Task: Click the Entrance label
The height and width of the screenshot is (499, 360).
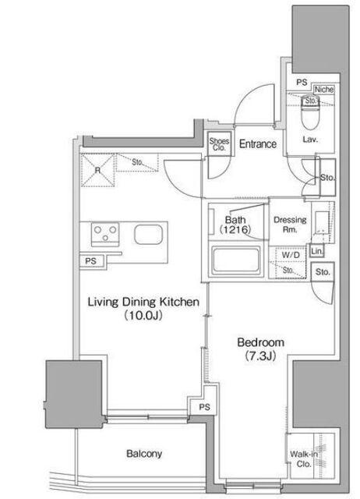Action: pos(258,143)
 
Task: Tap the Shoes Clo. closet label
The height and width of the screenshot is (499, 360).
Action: pos(219,144)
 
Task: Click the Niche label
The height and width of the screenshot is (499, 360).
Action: pos(324,90)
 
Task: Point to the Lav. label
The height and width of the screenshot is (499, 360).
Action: pos(310,140)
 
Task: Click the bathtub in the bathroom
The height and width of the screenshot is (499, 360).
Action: pos(236,260)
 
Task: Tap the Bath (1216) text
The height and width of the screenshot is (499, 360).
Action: pos(235,224)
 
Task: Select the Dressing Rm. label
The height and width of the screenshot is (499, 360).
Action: pos(290,224)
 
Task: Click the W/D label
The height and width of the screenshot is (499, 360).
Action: pos(291,255)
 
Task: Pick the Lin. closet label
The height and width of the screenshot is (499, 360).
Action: pos(316,251)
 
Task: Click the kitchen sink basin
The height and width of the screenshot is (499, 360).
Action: pos(149,235)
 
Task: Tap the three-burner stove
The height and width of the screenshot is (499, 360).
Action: pos(105,234)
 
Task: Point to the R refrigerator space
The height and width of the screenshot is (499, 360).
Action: pos(97,170)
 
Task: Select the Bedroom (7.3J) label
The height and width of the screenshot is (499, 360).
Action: pos(261,349)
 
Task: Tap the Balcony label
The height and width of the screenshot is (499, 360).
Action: pos(144,454)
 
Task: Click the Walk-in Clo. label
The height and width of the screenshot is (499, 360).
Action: pos(303,459)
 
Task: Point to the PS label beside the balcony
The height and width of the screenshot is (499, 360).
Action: pos(204,407)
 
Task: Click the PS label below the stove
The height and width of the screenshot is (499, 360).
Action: pos(90,261)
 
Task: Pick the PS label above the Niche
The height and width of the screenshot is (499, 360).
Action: pos(302,83)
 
